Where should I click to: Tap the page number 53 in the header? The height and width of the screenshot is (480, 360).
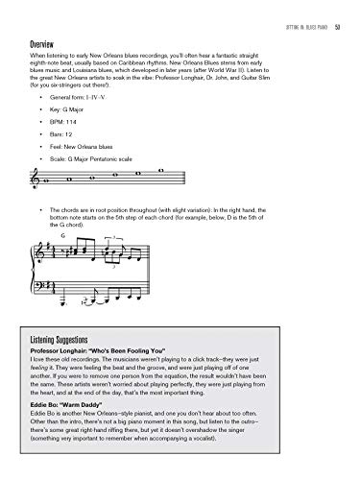click(339, 11)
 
